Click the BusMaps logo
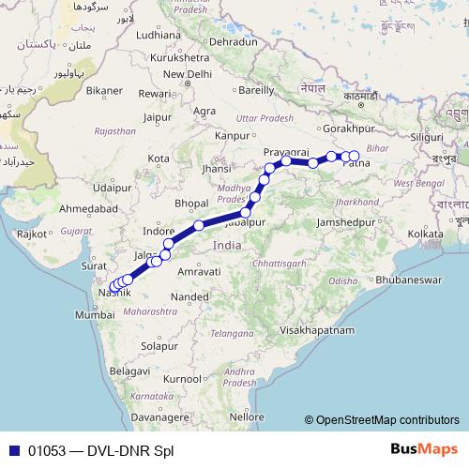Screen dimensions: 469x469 coord(424,449)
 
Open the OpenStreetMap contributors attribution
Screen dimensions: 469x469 coord(387,420)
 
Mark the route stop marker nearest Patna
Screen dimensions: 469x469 coord(354,156)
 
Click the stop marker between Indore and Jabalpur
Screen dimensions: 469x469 coord(199,225)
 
